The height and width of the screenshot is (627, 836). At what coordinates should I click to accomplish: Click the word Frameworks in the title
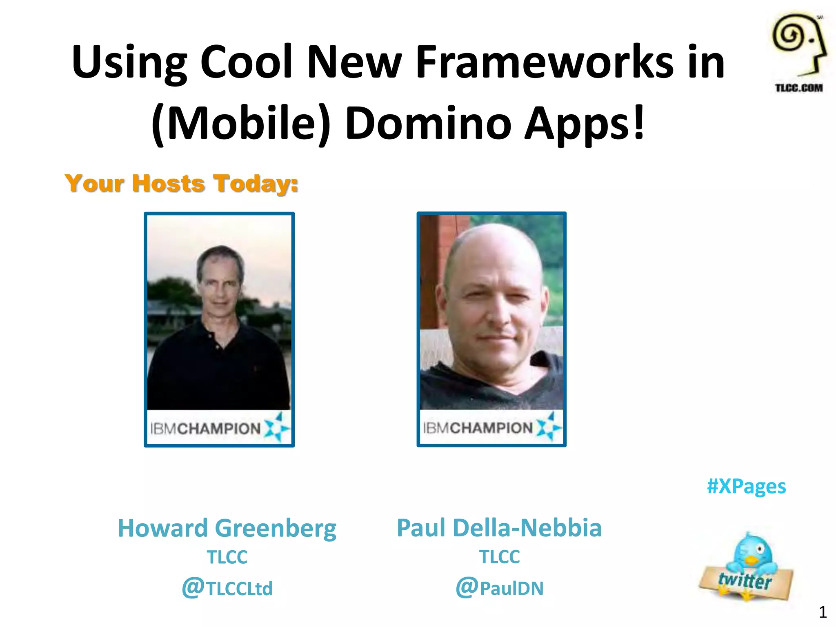[545, 62]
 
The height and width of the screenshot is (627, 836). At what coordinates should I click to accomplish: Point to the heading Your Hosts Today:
[182, 183]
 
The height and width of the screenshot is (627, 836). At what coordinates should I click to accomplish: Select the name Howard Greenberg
[227, 528]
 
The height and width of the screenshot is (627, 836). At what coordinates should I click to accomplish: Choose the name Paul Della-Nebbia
[499, 528]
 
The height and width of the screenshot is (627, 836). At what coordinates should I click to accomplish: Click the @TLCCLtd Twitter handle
[227, 588]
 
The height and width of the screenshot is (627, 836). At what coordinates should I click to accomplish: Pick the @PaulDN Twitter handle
[499, 588]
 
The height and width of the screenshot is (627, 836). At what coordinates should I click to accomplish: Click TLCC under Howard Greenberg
[227, 557]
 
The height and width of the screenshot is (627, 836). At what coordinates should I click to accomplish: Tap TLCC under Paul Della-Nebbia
[499, 557]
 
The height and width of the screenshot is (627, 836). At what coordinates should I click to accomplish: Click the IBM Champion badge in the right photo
[491, 428]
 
